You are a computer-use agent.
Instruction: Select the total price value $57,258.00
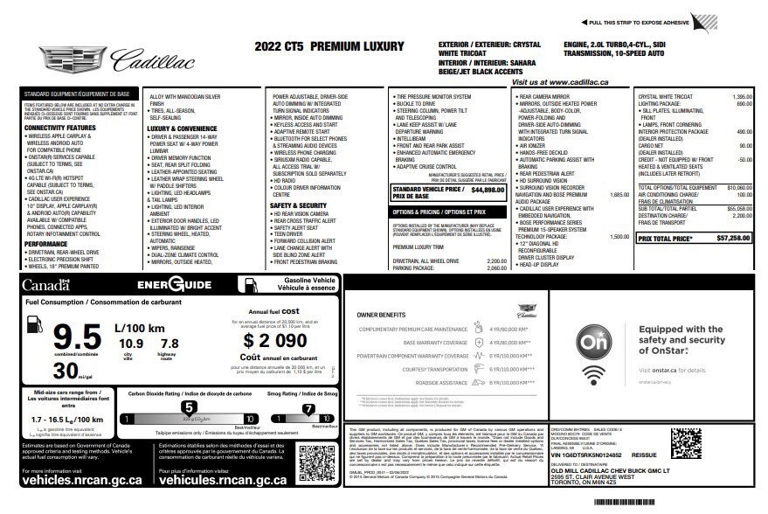tap(733, 238)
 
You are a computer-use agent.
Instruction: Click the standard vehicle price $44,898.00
tap(488, 189)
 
